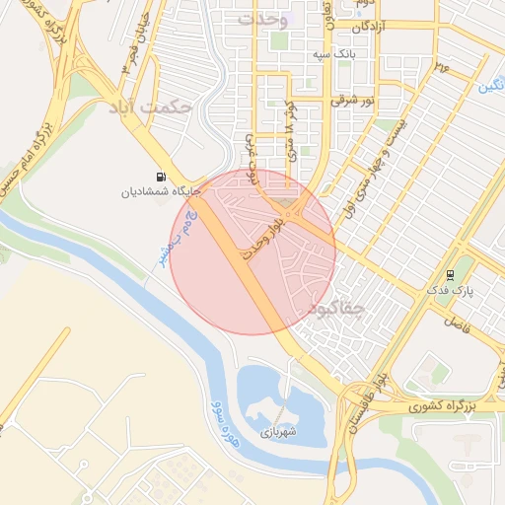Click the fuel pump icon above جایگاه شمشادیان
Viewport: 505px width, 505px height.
pyautogui.click(x=161, y=177)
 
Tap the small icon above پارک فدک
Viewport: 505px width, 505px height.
pyautogui.click(x=450, y=275)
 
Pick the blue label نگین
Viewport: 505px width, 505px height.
pyautogui.click(x=489, y=87)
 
